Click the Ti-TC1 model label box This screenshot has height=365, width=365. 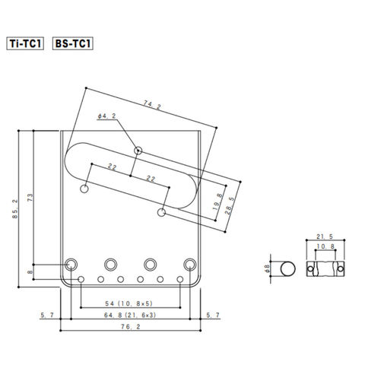(x=25, y=43)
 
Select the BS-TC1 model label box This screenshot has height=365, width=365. (x=73, y=43)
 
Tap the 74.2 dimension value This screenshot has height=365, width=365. (x=152, y=105)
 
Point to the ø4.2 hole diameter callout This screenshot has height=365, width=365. (x=106, y=116)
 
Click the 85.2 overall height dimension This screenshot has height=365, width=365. (x=15, y=209)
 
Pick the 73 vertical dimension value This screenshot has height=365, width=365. (x=30, y=198)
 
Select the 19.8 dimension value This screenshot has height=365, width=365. (x=217, y=202)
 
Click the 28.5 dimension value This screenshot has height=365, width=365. (x=230, y=206)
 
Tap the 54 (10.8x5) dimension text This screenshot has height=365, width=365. (x=129, y=303)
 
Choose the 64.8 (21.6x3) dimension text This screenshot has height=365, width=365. (x=130, y=315)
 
